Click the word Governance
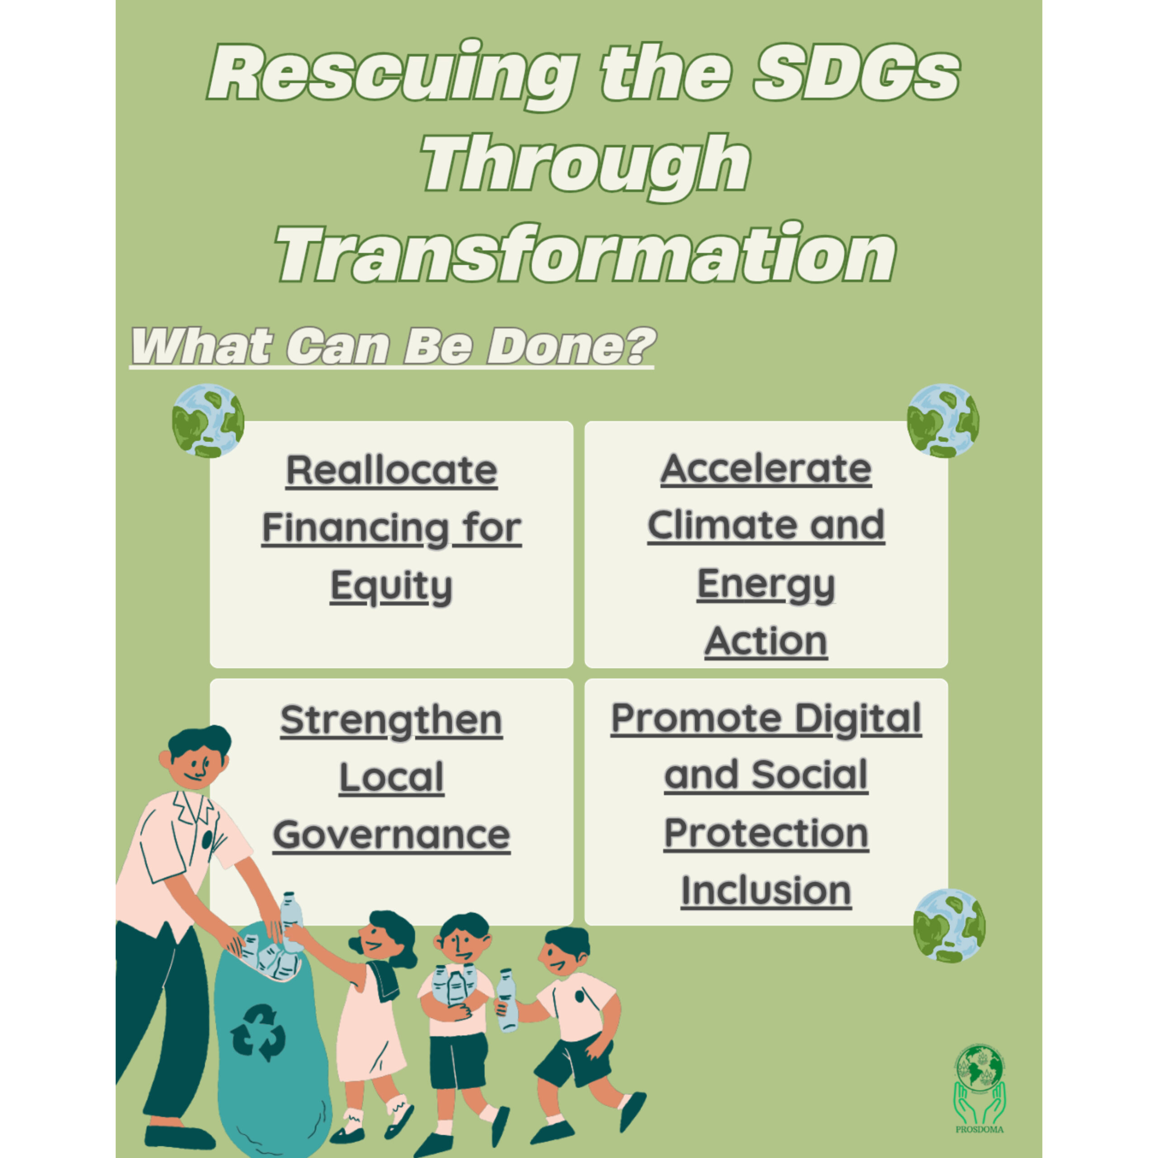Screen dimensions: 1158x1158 coord(391,835)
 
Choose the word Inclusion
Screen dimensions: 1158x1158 coord(766,891)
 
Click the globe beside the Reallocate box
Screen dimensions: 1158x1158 coord(208,421)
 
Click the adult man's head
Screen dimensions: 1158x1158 coord(196,758)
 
